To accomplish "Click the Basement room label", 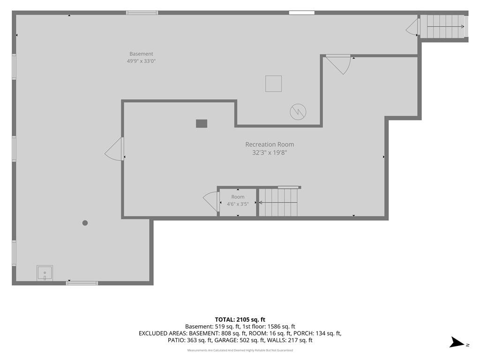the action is click(141, 54).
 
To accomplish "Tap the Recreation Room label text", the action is click(270, 144).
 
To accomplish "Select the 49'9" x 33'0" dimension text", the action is click(142, 61).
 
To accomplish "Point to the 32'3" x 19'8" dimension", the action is click(270, 152).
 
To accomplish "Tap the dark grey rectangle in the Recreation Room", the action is click(202, 123).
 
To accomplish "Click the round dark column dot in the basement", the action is click(85, 223).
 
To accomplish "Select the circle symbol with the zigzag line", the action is click(298, 112).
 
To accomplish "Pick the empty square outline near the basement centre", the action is click(273, 83).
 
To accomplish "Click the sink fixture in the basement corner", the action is click(45, 273).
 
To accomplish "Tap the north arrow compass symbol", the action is click(457, 342).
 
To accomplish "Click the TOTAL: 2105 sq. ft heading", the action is click(240, 320).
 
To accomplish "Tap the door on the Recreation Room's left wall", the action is click(114, 149).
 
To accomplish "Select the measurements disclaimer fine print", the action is click(240, 350).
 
